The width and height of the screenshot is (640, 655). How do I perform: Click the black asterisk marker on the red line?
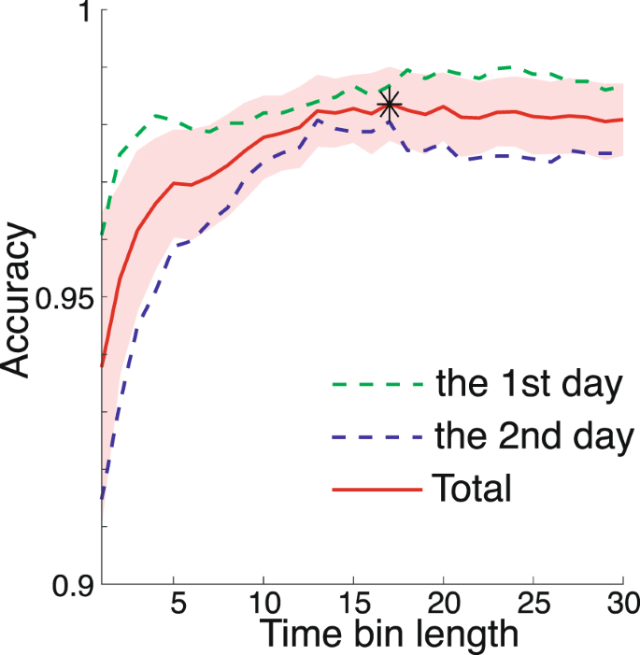pyautogui.click(x=390, y=105)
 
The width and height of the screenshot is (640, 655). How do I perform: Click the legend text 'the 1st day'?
pyautogui.click(x=529, y=385)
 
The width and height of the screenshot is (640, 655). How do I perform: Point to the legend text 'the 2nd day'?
pyautogui.click(x=533, y=435)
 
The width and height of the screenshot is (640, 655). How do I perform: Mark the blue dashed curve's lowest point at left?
pyautogui.click(x=102, y=499)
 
